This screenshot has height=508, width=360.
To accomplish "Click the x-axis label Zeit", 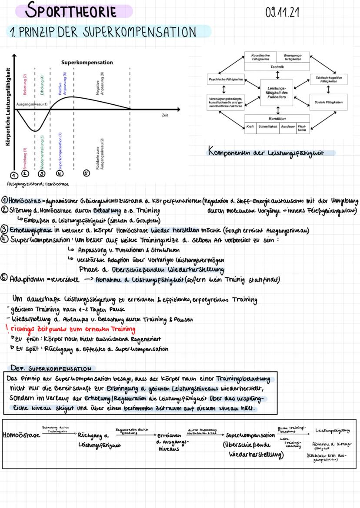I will coord(165,115).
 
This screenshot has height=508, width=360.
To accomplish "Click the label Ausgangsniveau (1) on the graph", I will coord(32,104).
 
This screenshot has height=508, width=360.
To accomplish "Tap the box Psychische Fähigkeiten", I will coord(226,80).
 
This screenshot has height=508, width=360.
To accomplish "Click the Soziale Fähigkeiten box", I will coord(328,102).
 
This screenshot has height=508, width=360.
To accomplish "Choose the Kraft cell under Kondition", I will coord(250,126).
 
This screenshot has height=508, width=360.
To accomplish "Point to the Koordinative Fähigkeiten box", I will coord(261,57).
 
